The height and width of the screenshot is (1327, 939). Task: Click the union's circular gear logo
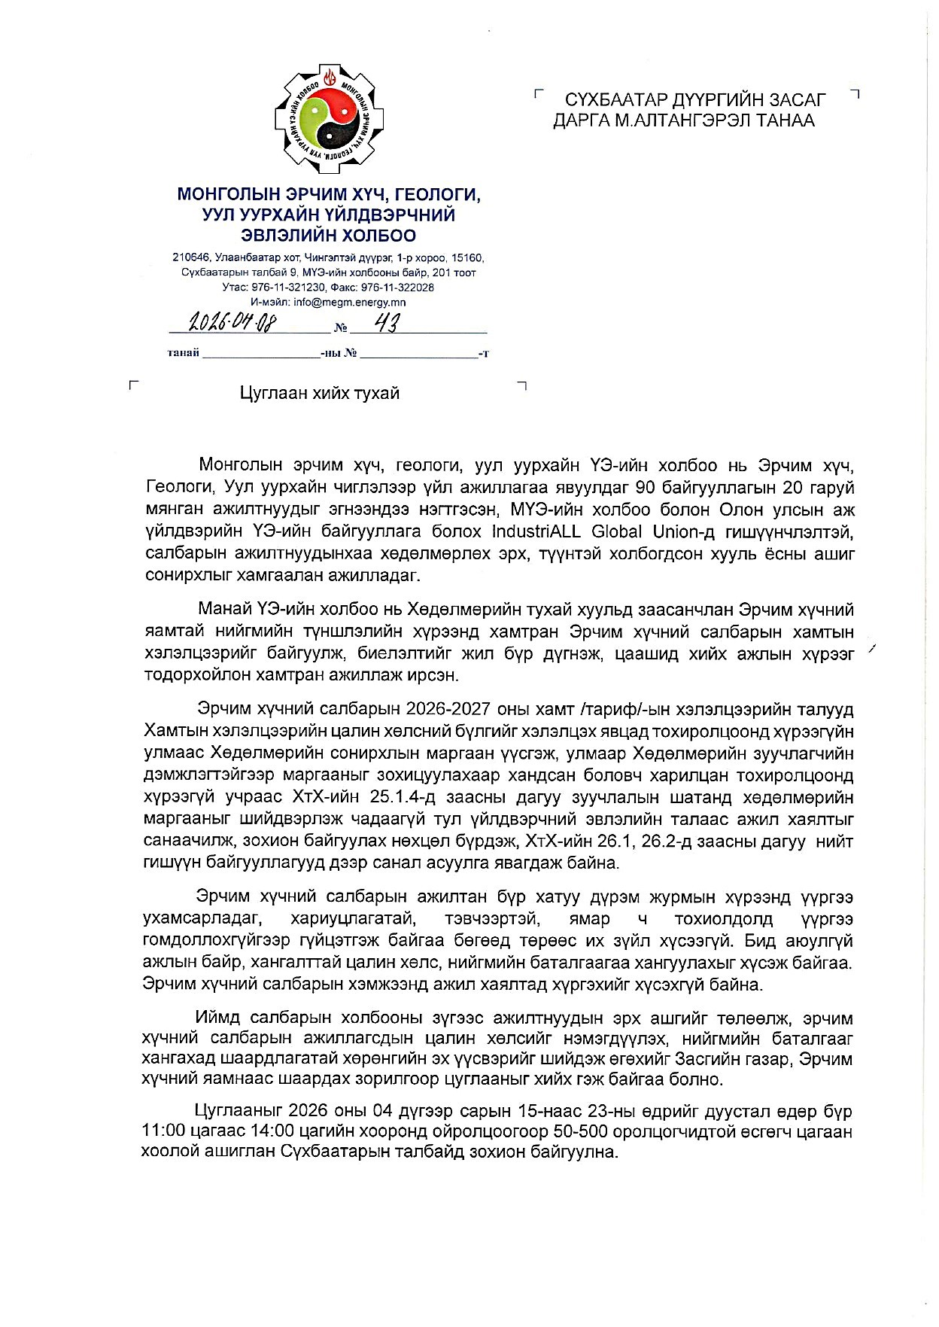(x=329, y=116)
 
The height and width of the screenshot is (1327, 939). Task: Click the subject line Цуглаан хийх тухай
(x=320, y=394)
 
